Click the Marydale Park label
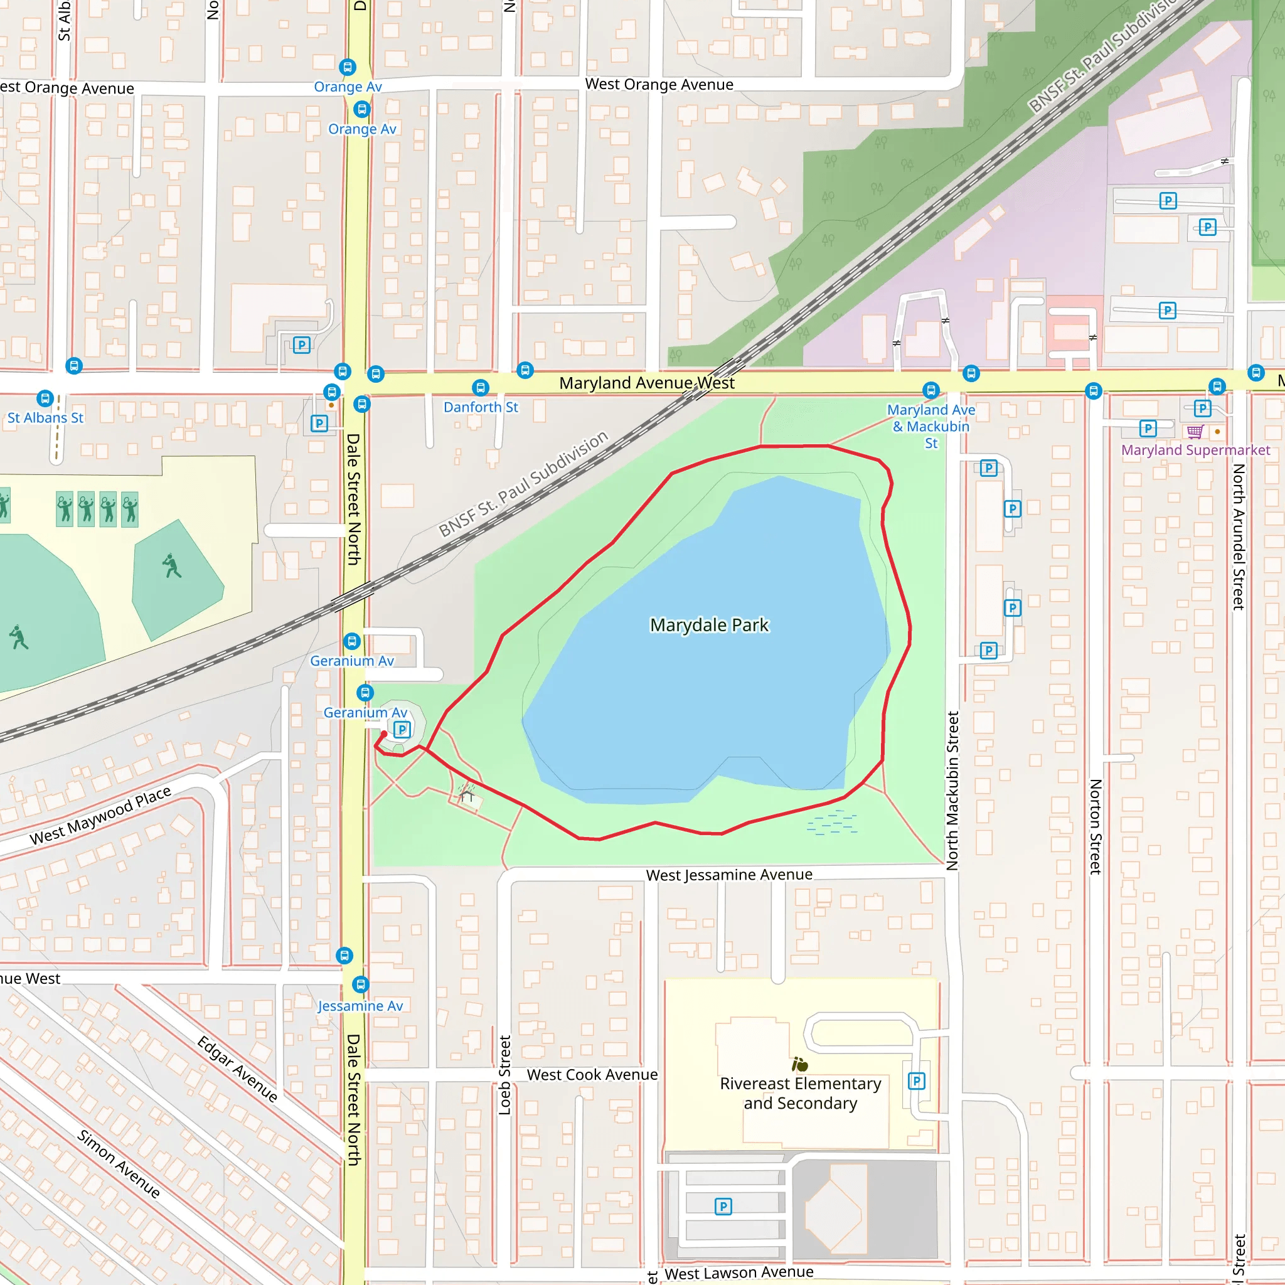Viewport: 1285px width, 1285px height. (x=709, y=625)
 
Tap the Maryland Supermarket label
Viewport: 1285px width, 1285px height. (x=1195, y=451)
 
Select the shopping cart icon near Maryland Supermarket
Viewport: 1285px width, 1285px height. (x=1195, y=432)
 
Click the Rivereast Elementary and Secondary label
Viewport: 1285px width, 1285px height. (x=800, y=1094)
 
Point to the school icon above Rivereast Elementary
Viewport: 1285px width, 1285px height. (x=799, y=1064)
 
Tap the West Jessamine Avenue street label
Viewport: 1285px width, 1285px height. (x=729, y=875)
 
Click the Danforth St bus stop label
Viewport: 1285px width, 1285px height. (x=480, y=407)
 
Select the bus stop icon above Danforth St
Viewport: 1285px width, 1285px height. (x=480, y=388)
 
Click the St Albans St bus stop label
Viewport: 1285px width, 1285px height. (x=45, y=418)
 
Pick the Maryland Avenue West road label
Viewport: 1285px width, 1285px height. (x=646, y=383)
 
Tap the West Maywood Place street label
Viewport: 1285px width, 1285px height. (x=100, y=816)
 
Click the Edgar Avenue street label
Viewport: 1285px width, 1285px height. (x=237, y=1069)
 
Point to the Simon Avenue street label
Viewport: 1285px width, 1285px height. (x=119, y=1164)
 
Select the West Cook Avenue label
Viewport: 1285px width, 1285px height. (x=592, y=1075)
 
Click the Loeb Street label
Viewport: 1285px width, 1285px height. (x=505, y=1075)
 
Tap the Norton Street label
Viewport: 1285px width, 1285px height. (x=1096, y=827)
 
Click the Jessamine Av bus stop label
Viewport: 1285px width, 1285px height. (x=361, y=1006)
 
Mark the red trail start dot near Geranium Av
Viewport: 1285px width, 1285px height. (x=384, y=733)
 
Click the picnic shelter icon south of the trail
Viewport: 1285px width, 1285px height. (x=467, y=792)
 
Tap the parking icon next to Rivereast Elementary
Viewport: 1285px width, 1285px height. (x=916, y=1081)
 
